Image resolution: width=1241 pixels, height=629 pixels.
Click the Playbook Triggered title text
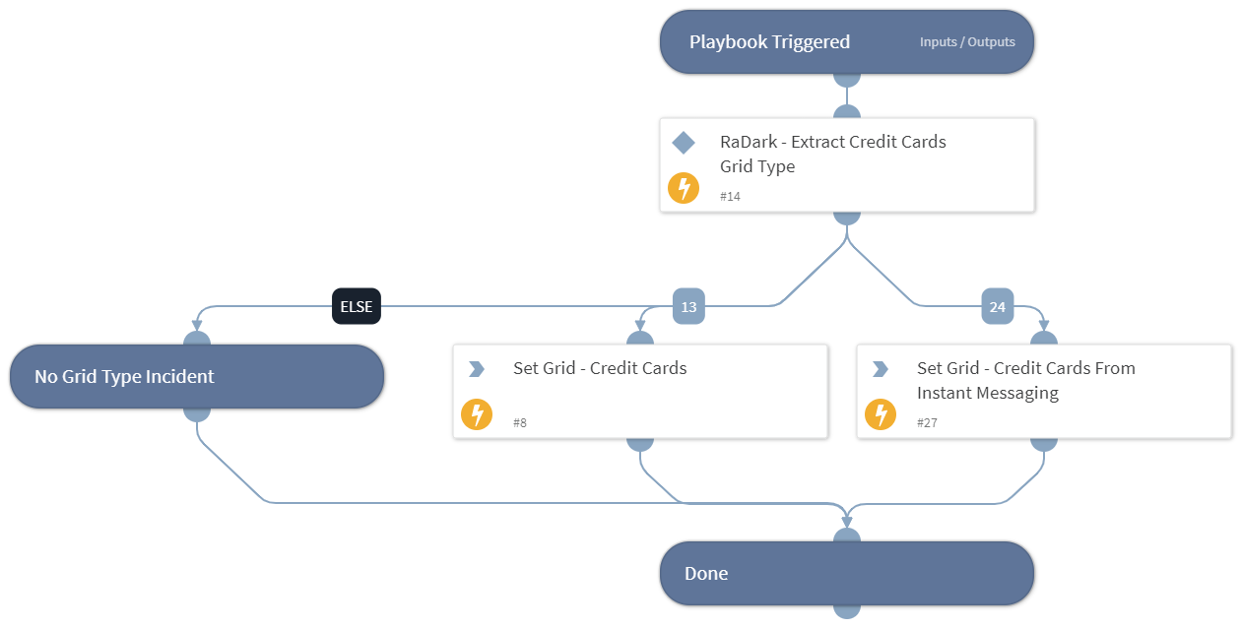(769, 42)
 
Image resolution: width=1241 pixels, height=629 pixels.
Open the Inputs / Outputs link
(966, 42)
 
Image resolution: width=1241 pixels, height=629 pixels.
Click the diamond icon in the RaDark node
(684, 143)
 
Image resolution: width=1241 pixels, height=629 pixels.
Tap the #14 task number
(730, 197)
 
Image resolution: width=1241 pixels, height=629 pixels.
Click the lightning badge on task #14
(684, 188)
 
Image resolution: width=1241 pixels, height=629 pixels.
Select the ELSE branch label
(357, 307)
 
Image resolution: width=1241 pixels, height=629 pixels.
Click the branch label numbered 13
(688, 307)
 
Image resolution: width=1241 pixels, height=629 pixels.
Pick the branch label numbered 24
(997, 307)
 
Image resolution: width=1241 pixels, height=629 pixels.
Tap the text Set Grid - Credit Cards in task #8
(600, 368)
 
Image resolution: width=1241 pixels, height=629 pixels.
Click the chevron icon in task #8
(477, 369)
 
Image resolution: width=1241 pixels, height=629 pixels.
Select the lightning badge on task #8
(477, 414)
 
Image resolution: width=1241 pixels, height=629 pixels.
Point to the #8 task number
(520, 423)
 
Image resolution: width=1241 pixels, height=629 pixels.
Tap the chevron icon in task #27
(881, 369)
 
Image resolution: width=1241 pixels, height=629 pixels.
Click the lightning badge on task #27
(881, 414)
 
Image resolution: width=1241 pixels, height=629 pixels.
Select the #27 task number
(927, 423)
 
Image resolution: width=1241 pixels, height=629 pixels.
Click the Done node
(846, 573)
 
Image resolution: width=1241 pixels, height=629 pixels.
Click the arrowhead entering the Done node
(847, 520)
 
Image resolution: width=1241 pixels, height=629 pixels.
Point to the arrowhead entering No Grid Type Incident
(197, 325)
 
